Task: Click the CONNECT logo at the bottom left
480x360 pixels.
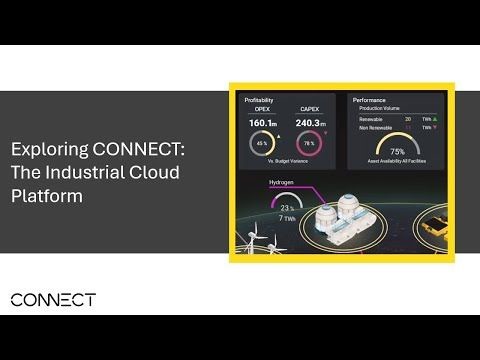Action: tap(52, 299)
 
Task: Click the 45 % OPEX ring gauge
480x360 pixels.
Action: tap(263, 146)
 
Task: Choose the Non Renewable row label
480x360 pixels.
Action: tap(375, 128)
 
